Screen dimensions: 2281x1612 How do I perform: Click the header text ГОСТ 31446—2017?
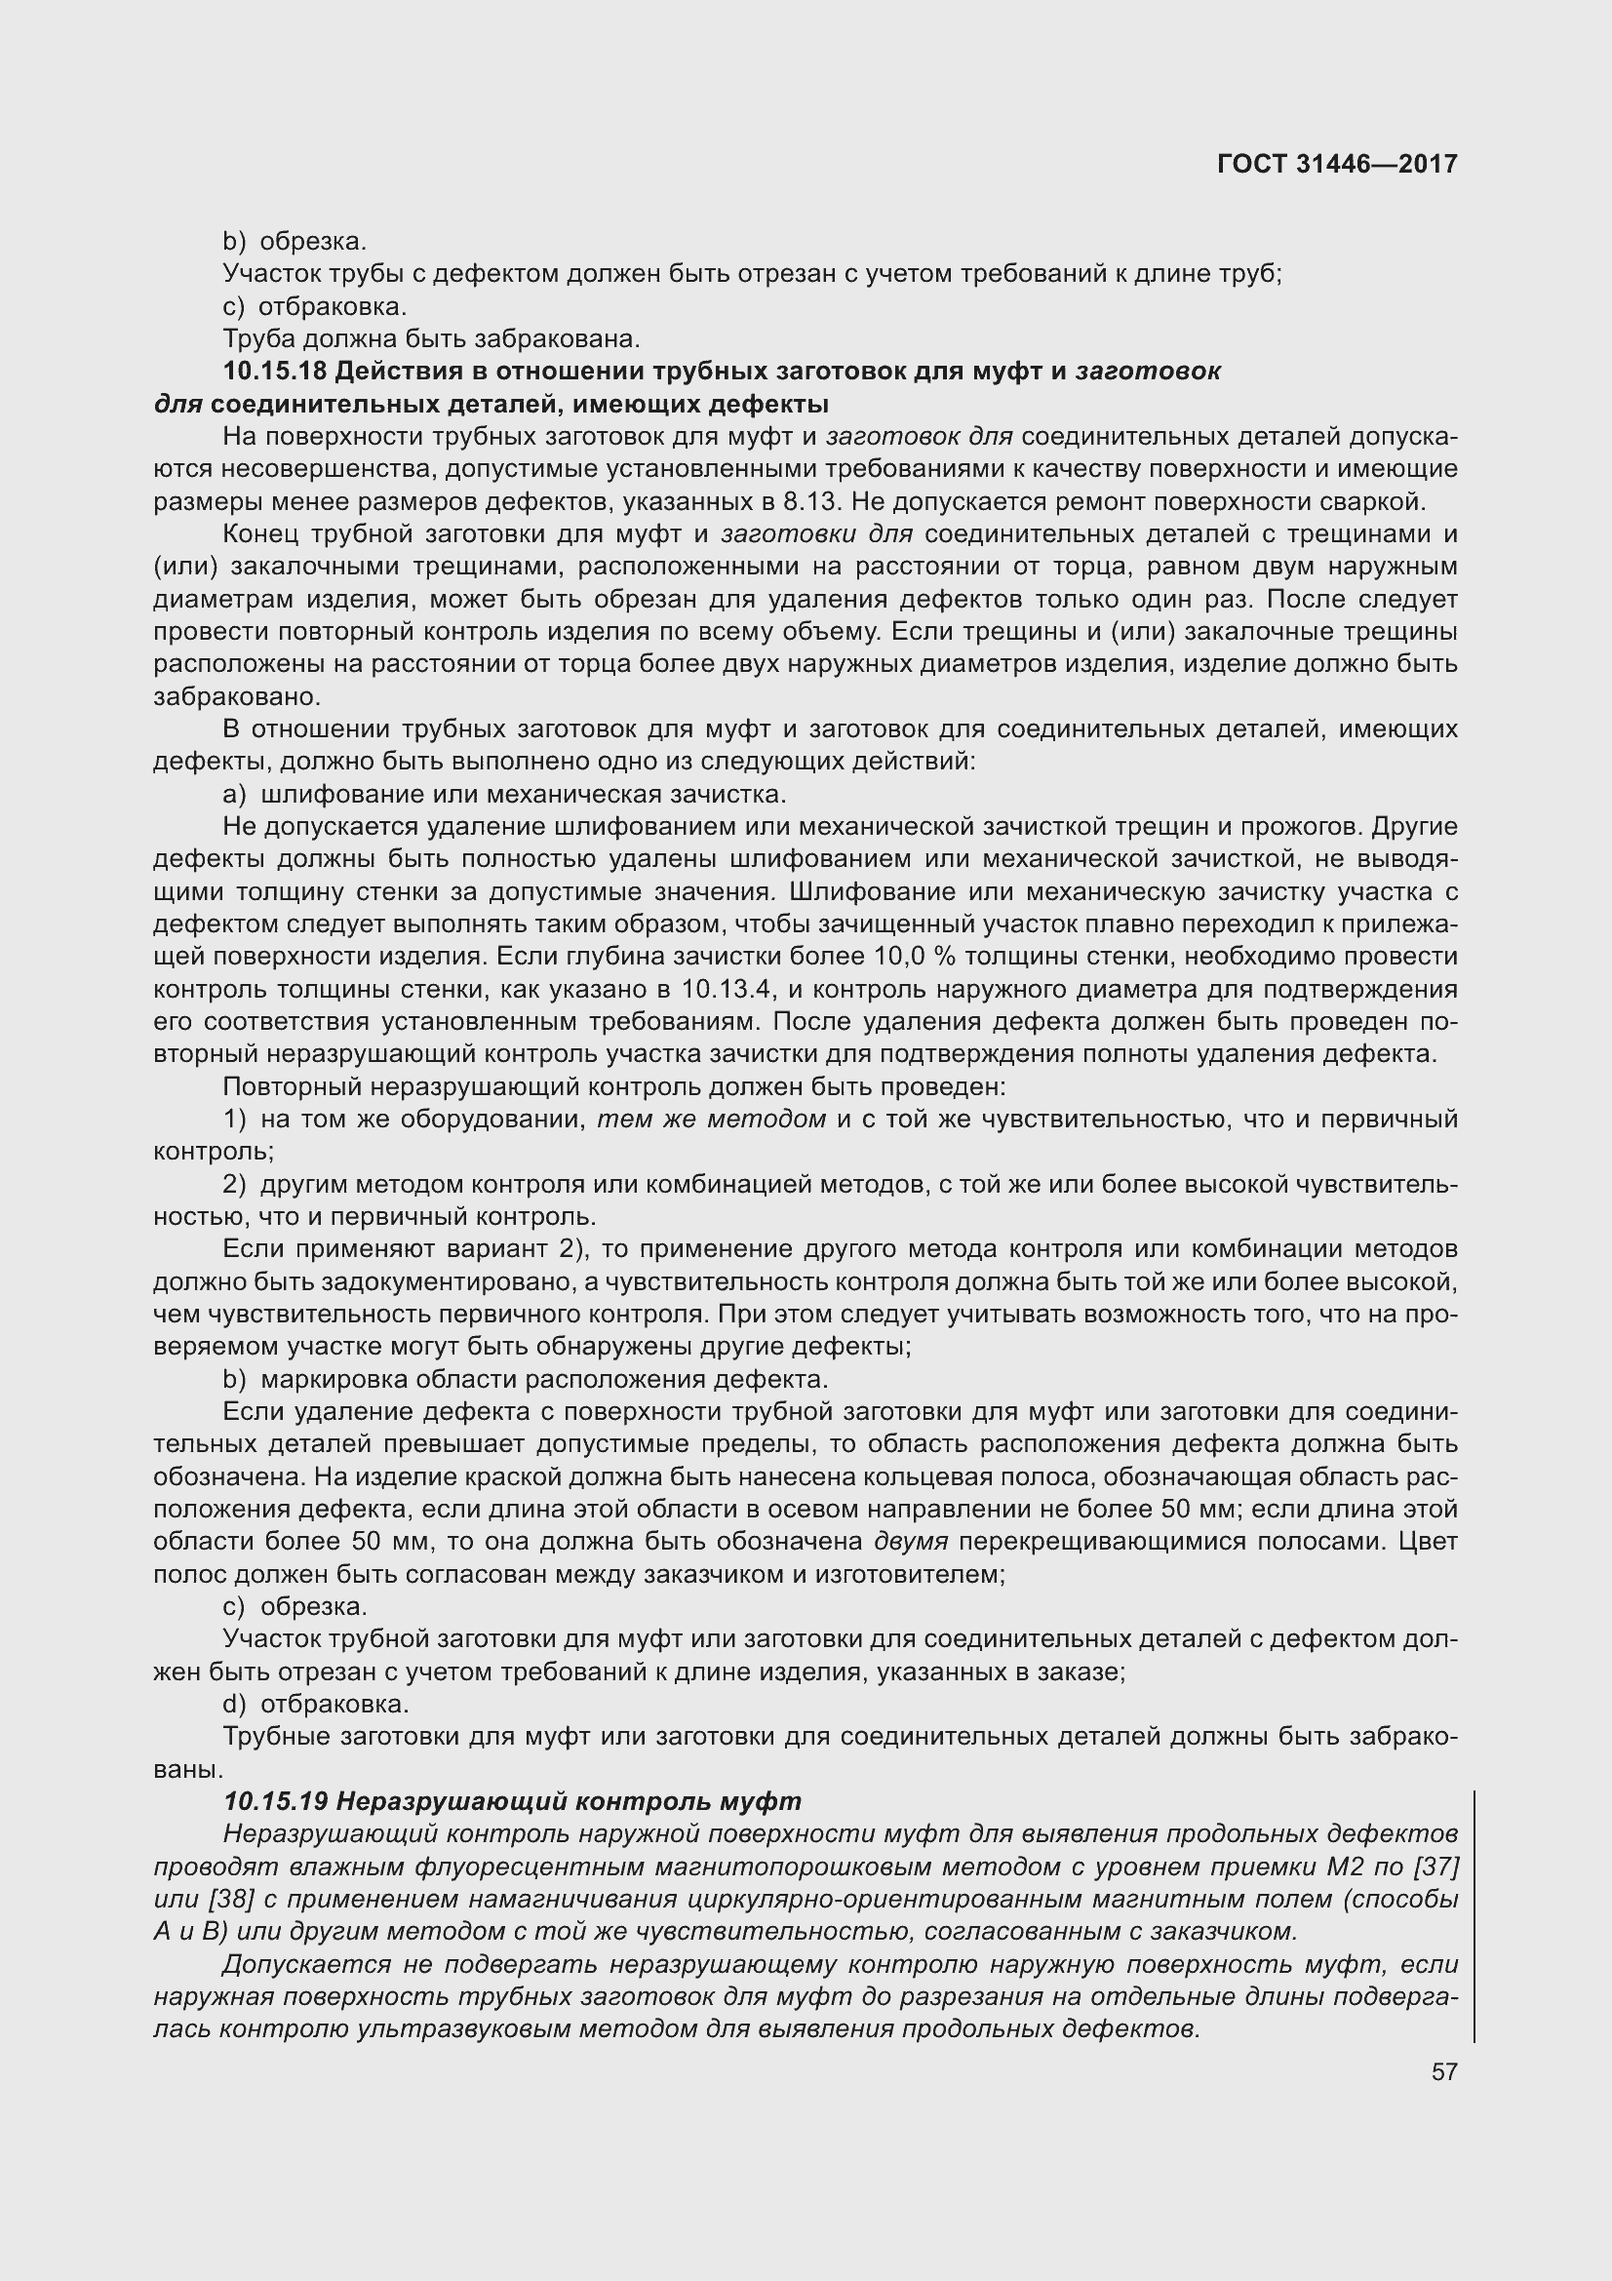pos(1337,164)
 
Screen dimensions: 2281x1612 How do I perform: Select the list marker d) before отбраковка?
pos(234,1704)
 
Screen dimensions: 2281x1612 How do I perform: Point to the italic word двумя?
pos(911,1542)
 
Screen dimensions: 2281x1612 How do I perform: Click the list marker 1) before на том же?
pos(234,1120)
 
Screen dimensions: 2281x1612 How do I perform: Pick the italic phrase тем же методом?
pos(711,1120)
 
